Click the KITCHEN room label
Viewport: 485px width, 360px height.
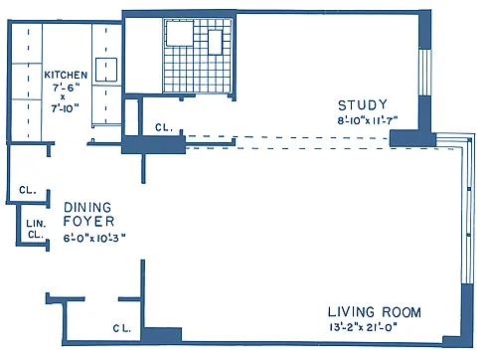66,75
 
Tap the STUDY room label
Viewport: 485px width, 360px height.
363,105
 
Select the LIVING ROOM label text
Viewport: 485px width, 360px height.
375,312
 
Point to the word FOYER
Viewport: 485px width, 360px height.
88,221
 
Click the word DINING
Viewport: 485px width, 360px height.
87,208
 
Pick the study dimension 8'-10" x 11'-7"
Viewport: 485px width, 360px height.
367,120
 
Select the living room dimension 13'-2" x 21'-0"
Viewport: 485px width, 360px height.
363,327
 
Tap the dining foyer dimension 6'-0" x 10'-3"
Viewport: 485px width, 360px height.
94,238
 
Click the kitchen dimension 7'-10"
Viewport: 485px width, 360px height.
66,108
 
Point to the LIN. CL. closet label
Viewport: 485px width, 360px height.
36,229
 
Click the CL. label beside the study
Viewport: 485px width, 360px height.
164,127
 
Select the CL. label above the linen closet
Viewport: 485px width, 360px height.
28,190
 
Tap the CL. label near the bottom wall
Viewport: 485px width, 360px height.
122,328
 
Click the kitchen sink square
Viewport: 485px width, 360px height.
106,70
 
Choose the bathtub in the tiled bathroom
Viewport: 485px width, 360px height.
180,33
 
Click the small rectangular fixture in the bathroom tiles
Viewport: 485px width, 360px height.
215,43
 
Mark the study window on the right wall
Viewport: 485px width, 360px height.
425,72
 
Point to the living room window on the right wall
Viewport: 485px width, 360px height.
468,209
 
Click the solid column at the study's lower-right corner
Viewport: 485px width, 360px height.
412,138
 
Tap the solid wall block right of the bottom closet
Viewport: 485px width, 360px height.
162,335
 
